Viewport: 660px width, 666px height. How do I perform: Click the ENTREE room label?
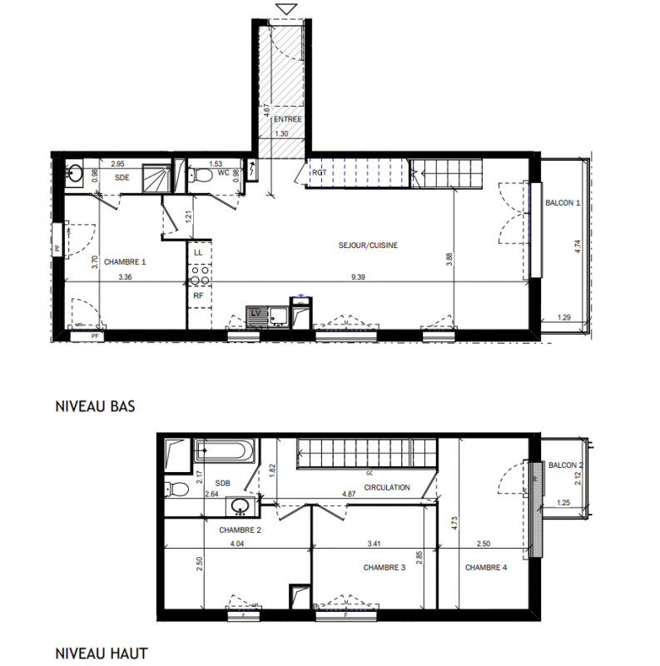pos(287,119)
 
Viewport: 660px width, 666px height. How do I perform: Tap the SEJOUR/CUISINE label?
pos(368,245)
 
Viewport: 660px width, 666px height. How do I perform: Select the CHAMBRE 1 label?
pos(125,261)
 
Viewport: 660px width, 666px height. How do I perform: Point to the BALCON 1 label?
pos(563,202)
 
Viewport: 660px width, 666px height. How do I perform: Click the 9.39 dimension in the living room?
pos(358,277)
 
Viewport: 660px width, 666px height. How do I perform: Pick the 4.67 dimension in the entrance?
pos(266,111)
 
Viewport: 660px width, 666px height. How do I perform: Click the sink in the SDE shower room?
pos(75,173)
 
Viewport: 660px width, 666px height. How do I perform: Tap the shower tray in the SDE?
pos(156,178)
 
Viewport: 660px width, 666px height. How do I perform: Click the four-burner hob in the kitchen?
pos(200,276)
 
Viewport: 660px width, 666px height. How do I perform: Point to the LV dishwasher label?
pos(256,314)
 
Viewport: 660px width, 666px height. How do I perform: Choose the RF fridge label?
pos(198,296)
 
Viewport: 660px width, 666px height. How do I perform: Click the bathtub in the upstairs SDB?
pos(225,450)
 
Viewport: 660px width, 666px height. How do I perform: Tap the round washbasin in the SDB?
pos(241,506)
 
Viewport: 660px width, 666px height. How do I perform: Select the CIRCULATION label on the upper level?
pos(387,487)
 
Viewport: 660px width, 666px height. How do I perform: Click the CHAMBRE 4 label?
pos(486,567)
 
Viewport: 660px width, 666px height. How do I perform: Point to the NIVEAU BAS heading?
pos(95,406)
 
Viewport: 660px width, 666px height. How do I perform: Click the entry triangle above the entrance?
pos(286,9)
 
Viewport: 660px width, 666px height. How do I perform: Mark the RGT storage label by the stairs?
pos(319,172)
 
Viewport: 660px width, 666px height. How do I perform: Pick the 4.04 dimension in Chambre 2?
pos(237,544)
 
